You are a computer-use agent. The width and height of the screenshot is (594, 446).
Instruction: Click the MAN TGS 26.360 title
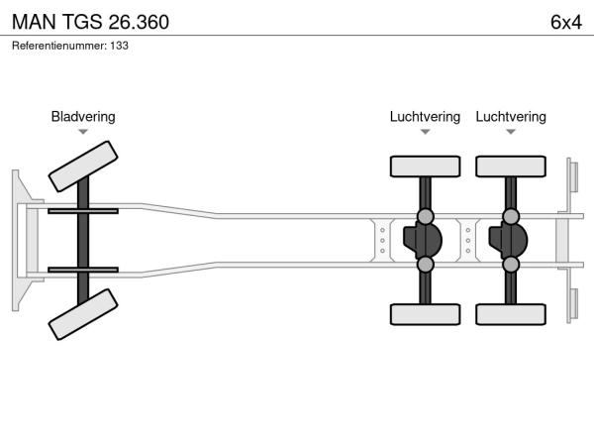coord(90,22)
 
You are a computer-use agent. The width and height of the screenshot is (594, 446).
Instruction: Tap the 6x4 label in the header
coord(566,22)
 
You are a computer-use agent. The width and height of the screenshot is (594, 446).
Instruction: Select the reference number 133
coord(120,46)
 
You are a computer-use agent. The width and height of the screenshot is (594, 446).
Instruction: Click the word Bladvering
coord(83,116)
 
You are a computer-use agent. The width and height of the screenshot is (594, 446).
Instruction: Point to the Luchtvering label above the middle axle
coord(425,116)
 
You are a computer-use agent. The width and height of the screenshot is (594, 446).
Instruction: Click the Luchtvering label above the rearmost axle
coord(511,116)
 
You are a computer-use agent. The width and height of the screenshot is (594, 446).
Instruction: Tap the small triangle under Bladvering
coord(83,132)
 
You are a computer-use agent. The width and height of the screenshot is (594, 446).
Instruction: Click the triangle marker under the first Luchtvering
coord(425,132)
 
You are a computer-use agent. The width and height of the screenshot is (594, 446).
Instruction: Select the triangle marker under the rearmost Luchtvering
coord(511,132)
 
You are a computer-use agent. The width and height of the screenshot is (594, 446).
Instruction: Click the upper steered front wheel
coord(83,167)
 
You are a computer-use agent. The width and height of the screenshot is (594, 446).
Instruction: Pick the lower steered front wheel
coord(83,314)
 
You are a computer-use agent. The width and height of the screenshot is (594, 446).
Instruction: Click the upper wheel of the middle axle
coord(425,167)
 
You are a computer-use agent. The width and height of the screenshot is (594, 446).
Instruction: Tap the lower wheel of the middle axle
coord(425,314)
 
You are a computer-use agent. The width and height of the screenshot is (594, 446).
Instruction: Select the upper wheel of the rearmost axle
coord(511,167)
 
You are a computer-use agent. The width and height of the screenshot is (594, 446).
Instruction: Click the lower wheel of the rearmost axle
coord(511,314)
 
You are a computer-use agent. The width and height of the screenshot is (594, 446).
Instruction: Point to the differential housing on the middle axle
coord(423,241)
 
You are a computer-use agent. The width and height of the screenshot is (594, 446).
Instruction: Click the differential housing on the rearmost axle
coord(509,241)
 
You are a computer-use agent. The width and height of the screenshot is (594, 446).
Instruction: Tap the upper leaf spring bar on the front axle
coord(83,211)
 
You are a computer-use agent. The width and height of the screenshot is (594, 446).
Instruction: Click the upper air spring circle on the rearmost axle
coord(511,216)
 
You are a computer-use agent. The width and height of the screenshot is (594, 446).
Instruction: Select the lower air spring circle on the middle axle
coord(425,265)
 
